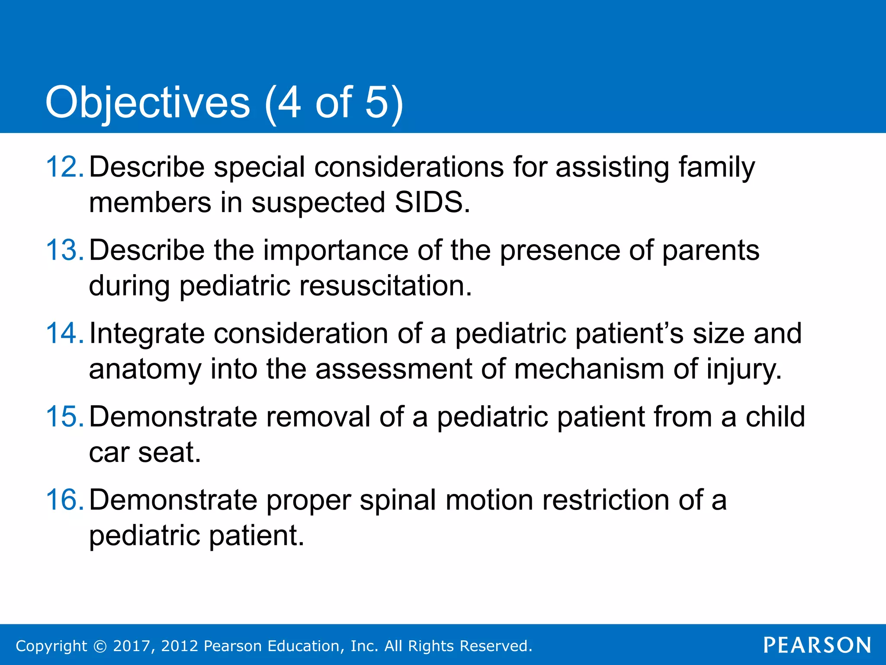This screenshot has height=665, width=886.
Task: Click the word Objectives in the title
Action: point(148,103)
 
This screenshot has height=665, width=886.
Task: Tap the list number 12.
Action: point(64,167)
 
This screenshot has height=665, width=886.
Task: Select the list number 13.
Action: point(64,250)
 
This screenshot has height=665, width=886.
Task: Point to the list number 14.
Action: point(64,333)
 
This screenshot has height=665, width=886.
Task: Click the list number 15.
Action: point(64,417)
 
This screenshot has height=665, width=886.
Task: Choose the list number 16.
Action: point(64,500)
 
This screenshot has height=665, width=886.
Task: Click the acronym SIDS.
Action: point(431,203)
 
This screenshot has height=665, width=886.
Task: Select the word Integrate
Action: point(147,333)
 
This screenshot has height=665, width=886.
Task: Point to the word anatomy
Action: point(145,369)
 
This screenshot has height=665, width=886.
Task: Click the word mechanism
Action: point(589,369)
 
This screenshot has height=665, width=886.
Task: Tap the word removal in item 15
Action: point(318,417)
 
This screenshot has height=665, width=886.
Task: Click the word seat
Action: point(169,452)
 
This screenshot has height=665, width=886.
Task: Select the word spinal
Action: point(398,500)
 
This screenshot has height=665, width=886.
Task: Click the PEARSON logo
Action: point(817,645)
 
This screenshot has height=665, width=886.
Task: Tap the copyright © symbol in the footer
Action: point(100,646)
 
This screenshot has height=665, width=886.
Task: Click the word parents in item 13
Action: point(710,250)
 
